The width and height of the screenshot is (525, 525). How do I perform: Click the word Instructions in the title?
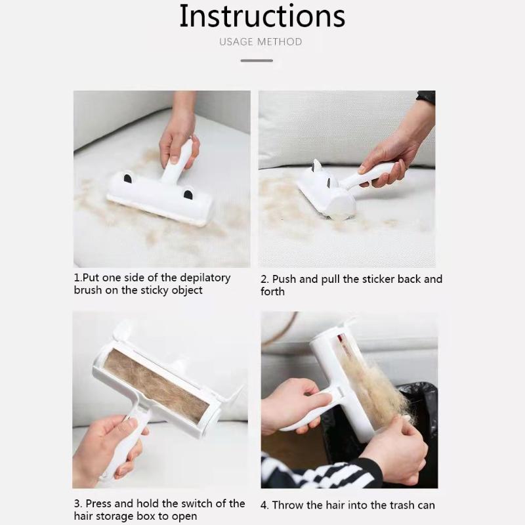coord(262,16)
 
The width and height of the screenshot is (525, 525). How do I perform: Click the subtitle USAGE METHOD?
coord(261,42)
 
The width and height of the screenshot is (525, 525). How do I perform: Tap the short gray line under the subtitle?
coord(256,60)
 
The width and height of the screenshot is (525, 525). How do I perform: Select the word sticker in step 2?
coord(378,279)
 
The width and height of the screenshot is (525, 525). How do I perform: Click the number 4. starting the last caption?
coord(264,505)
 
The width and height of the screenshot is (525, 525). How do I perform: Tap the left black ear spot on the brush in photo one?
coord(128,178)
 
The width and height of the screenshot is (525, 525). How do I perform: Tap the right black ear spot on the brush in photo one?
coord(188,194)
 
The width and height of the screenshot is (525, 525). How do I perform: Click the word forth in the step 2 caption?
coord(272,291)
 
